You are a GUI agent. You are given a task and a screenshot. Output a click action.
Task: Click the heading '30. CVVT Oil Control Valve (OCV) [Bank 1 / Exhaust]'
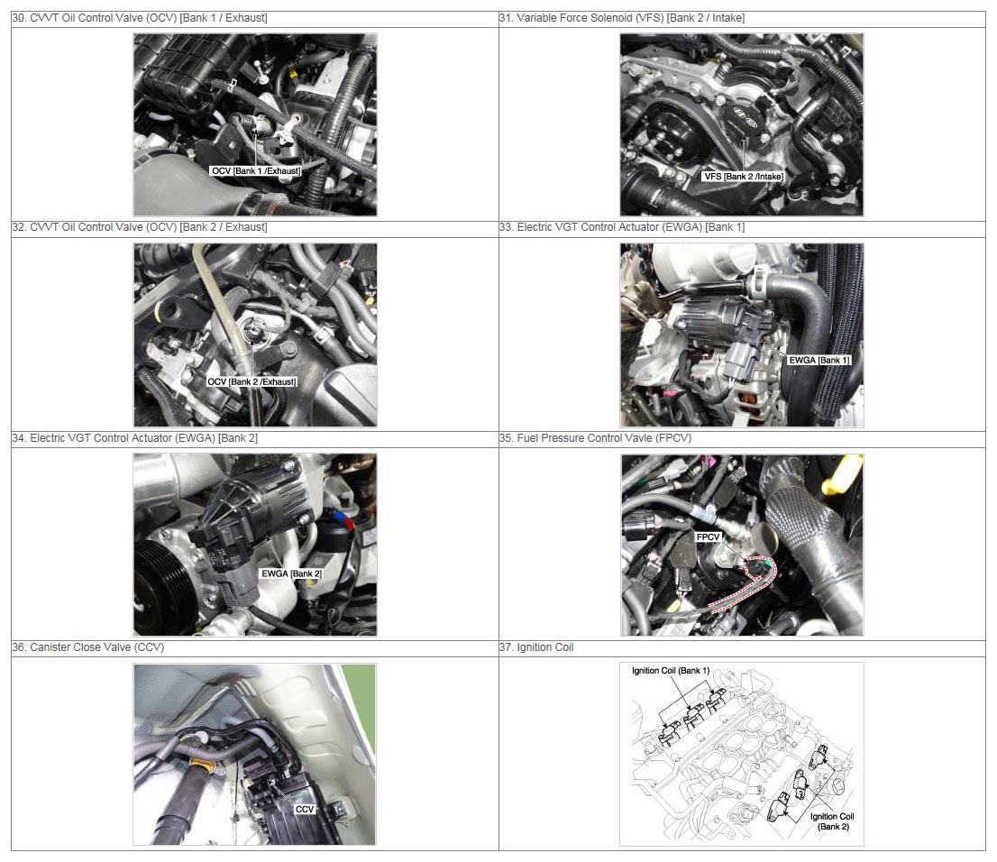pyautogui.click(x=140, y=18)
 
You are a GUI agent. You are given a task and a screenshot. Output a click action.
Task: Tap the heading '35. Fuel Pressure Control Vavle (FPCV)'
pyautogui.click(x=595, y=437)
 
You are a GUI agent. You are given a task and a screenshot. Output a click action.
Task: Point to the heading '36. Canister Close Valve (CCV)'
pyautogui.click(x=88, y=647)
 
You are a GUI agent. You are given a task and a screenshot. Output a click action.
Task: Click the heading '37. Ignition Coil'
pyautogui.click(x=536, y=647)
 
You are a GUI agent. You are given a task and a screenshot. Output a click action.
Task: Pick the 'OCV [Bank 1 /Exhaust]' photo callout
pyautogui.click(x=256, y=171)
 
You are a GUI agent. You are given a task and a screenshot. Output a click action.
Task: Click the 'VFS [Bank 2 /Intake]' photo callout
pyautogui.click(x=744, y=176)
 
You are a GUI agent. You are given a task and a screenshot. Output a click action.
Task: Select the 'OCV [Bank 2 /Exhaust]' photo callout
pyautogui.click(x=252, y=381)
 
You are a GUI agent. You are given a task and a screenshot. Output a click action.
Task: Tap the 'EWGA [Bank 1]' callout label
pyautogui.click(x=819, y=360)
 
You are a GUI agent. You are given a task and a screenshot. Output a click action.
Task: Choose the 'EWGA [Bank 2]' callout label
pyautogui.click(x=291, y=573)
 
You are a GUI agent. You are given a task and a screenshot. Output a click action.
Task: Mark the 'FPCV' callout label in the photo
pyautogui.click(x=708, y=536)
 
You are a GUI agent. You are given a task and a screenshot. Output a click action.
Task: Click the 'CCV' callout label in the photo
pyautogui.click(x=305, y=809)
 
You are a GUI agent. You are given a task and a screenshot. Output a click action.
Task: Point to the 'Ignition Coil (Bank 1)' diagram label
pyautogui.click(x=670, y=671)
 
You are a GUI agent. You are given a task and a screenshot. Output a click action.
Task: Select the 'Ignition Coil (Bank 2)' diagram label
pyautogui.click(x=832, y=821)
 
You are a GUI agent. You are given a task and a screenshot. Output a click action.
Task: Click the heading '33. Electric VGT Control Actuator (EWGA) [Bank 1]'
pyautogui.click(x=622, y=227)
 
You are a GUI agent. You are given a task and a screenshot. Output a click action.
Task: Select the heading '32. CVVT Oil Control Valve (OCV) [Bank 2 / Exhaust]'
pyautogui.click(x=140, y=227)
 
